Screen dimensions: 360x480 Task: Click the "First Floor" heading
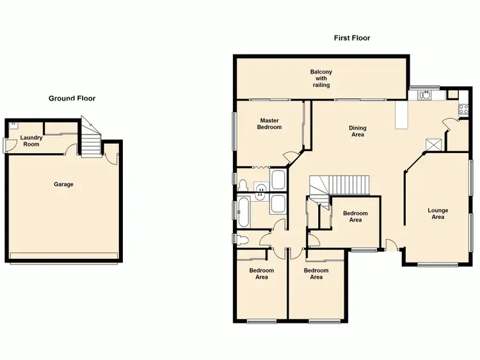point(351,38)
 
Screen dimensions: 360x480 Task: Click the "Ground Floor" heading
point(72,99)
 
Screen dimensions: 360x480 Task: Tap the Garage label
point(63,184)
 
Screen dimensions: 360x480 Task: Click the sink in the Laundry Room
point(13,126)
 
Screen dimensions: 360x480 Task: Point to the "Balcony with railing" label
point(321,78)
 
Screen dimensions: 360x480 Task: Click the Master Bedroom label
point(269,124)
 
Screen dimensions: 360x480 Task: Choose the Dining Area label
point(357,131)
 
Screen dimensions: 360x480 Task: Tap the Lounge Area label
point(438,213)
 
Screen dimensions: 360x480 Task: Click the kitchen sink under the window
point(425,95)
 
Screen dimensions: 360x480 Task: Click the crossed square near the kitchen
point(433,144)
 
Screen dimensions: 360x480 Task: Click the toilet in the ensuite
point(244,185)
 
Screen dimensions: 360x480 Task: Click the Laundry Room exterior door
point(6,146)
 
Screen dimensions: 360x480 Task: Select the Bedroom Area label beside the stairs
point(355,217)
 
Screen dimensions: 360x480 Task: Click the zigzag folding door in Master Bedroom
point(261,167)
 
